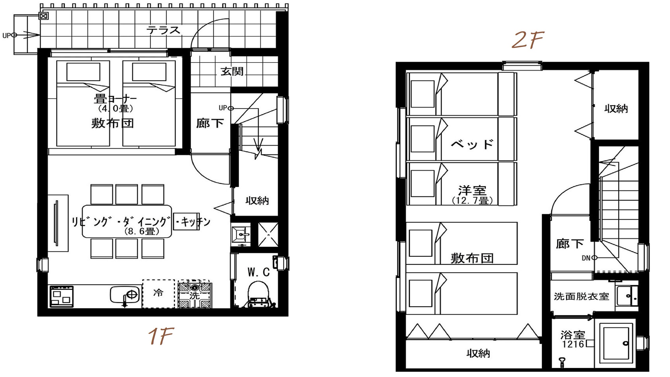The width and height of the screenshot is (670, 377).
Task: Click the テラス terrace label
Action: pyautogui.click(x=163, y=30)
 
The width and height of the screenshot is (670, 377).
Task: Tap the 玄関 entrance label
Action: pyautogui.click(x=232, y=72)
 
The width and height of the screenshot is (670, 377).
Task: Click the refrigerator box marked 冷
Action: pyautogui.click(x=158, y=294)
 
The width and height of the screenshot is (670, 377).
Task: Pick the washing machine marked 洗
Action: pyautogui.click(x=195, y=295)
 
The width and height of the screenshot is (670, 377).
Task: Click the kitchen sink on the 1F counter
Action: pyautogui.click(x=125, y=295)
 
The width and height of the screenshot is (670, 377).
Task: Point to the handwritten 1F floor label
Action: pyautogui.click(x=161, y=336)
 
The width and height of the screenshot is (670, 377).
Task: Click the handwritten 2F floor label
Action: pyautogui.click(x=527, y=40)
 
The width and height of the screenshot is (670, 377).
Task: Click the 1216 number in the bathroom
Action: pyautogui.click(x=573, y=344)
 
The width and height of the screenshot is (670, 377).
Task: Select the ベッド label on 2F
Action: pyautogui.click(x=472, y=145)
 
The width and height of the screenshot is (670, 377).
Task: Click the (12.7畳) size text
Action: pyautogui.click(x=473, y=200)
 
